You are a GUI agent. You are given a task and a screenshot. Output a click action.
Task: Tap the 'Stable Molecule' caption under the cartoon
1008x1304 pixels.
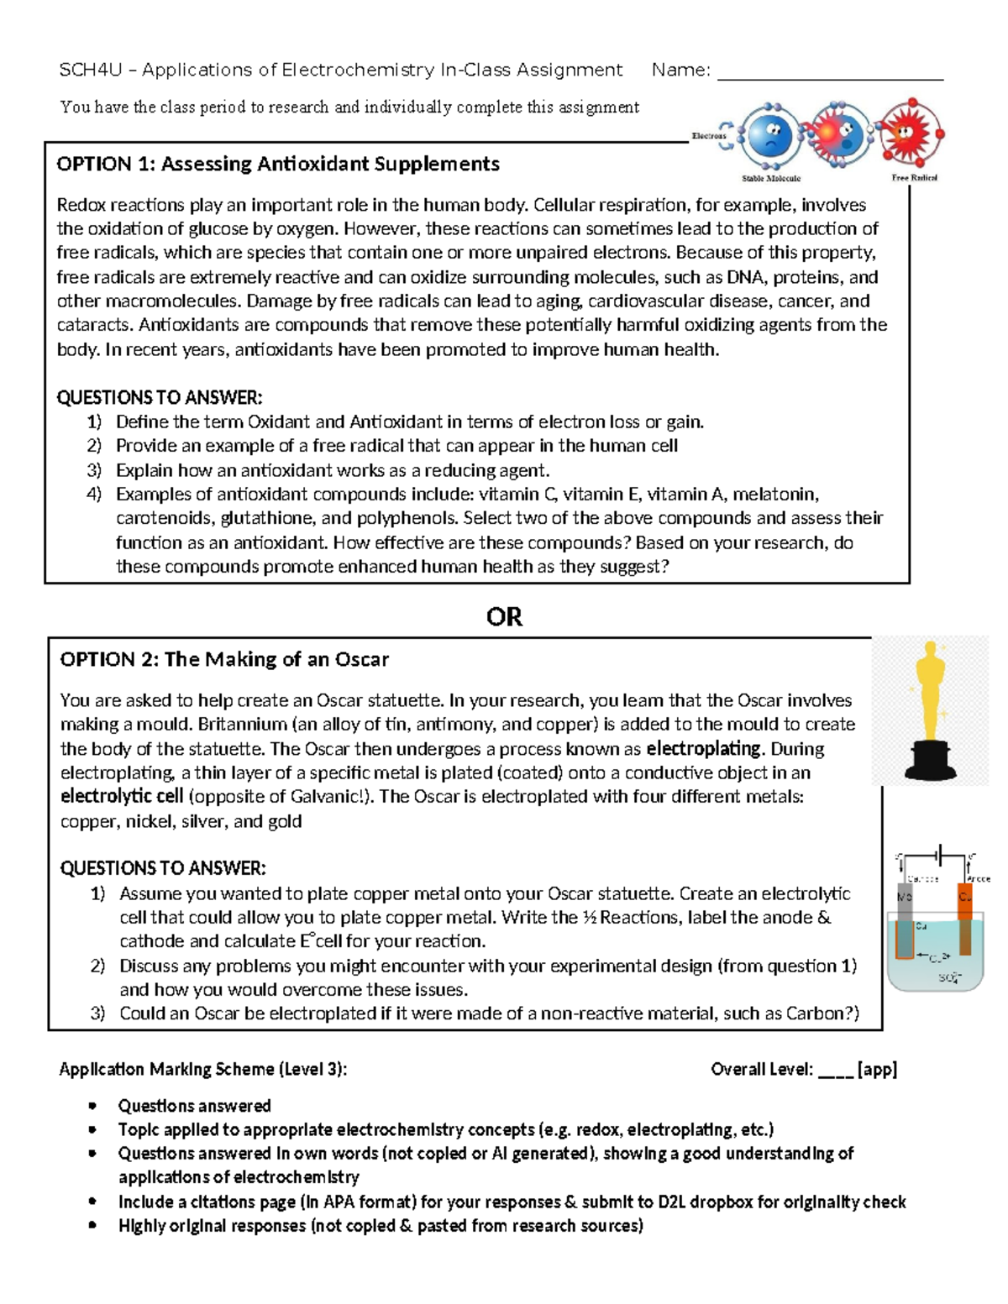click(770, 178)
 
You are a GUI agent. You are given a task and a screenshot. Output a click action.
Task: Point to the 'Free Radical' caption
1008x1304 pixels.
click(914, 178)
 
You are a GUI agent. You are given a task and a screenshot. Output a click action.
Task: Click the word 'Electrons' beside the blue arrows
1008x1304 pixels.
click(708, 135)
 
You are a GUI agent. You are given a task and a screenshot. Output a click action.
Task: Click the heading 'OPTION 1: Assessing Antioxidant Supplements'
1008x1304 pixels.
click(277, 164)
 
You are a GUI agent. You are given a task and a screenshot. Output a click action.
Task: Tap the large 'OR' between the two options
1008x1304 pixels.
click(504, 617)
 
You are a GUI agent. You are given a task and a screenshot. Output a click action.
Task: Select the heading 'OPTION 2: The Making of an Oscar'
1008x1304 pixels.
click(224, 659)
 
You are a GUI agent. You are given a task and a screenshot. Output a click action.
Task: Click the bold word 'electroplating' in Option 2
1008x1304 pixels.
click(704, 748)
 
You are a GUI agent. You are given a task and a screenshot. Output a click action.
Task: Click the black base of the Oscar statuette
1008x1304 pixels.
click(929, 760)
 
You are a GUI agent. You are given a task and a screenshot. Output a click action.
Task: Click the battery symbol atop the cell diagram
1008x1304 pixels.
click(942, 856)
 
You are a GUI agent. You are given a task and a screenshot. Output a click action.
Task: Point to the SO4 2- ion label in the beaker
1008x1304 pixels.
click(948, 978)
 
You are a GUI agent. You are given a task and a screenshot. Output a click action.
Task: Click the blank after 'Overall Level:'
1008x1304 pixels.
click(835, 1070)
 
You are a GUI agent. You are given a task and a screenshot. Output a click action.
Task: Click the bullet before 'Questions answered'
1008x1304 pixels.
click(92, 1106)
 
